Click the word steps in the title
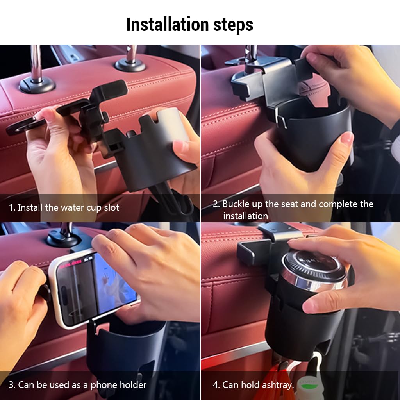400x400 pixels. [233, 25]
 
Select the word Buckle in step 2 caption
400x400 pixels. [237, 204]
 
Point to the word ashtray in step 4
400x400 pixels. [276, 385]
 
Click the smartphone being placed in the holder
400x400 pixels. [94, 287]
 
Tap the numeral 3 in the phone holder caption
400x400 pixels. [12, 385]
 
